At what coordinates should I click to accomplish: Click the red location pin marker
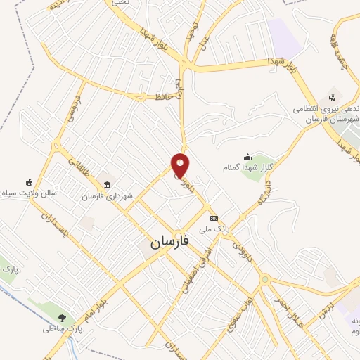[x=181, y=165]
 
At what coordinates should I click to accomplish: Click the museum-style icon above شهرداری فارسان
[x=107, y=185]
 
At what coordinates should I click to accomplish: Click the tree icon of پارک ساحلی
[x=63, y=318]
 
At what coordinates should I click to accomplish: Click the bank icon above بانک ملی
[x=214, y=218]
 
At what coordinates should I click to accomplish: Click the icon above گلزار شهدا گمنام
[x=247, y=157]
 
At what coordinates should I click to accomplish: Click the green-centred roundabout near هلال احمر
[x=265, y=281]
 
